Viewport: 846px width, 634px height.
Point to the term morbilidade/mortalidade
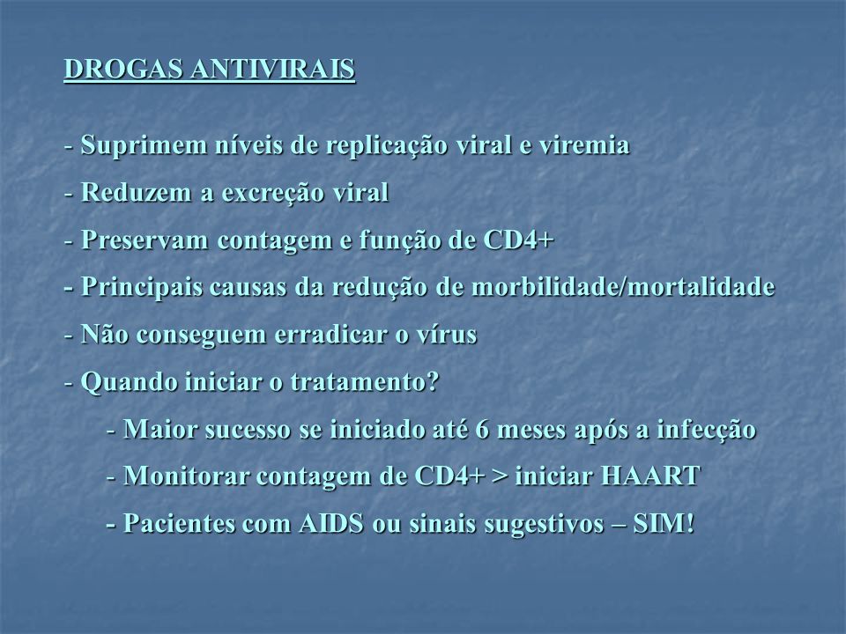pos(623,287)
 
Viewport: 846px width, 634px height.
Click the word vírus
pos(446,335)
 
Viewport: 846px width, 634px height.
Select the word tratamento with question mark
pos(364,382)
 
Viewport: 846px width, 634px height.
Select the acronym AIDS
pos(331,524)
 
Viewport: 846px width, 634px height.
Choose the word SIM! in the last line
pos(664,524)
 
